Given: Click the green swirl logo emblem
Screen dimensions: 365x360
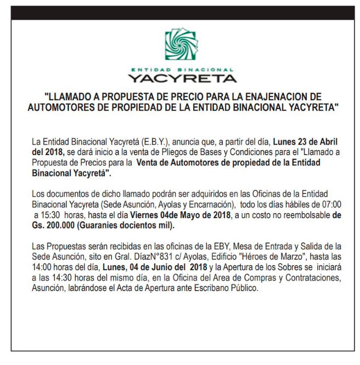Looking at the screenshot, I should pos(179,46).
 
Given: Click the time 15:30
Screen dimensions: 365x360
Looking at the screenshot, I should pos(46,215).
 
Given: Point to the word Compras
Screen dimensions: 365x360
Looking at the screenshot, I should pos(245,276).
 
